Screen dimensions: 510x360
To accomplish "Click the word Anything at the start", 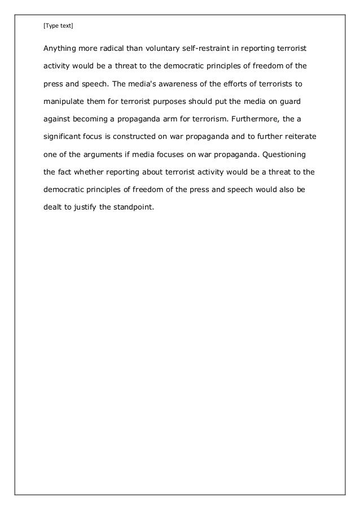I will click(x=61, y=49).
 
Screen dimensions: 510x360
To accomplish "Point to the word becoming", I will click(x=95, y=119).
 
